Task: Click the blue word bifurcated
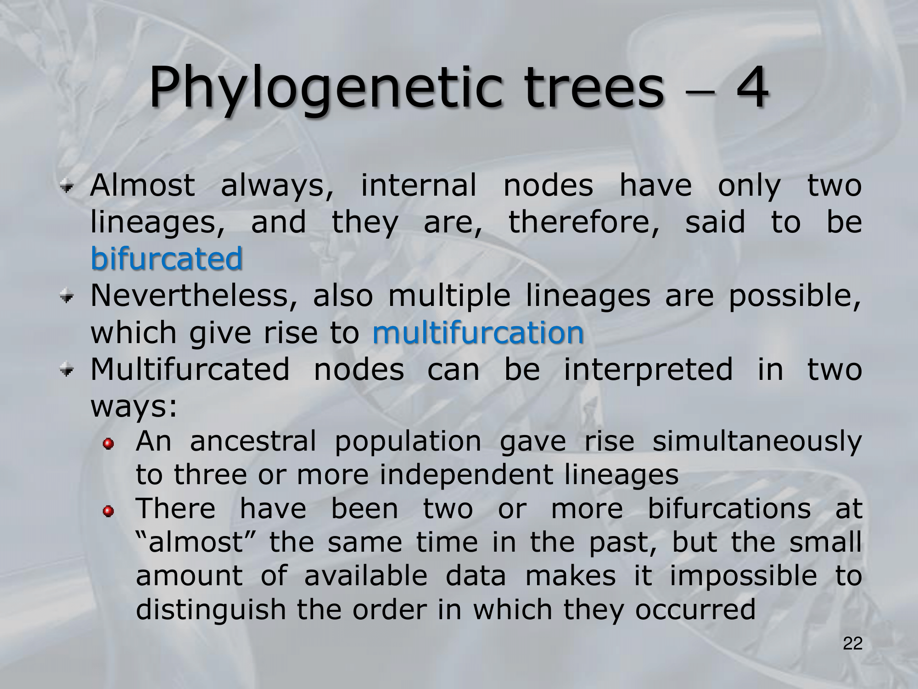tap(167, 258)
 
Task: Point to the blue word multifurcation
tap(478, 332)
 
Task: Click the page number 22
tap(853, 644)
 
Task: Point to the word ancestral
tap(253, 441)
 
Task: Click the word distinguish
tap(211, 610)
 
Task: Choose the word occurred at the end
tap(695, 610)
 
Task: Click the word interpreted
tap(648, 370)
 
